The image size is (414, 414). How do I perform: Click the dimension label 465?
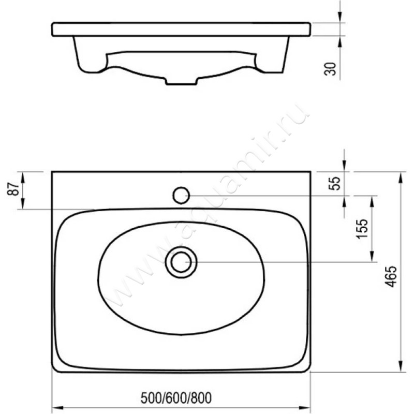point(391,276)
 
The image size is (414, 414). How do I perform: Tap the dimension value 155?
point(362,229)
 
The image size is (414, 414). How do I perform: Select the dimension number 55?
point(334,184)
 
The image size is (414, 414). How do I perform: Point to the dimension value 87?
point(14,188)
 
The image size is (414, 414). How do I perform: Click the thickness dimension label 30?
point(330,69)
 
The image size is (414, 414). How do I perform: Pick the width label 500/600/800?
point(176,398)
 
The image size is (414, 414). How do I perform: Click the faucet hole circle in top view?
point(181,196)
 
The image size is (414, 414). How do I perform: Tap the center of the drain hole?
point(181,262)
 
